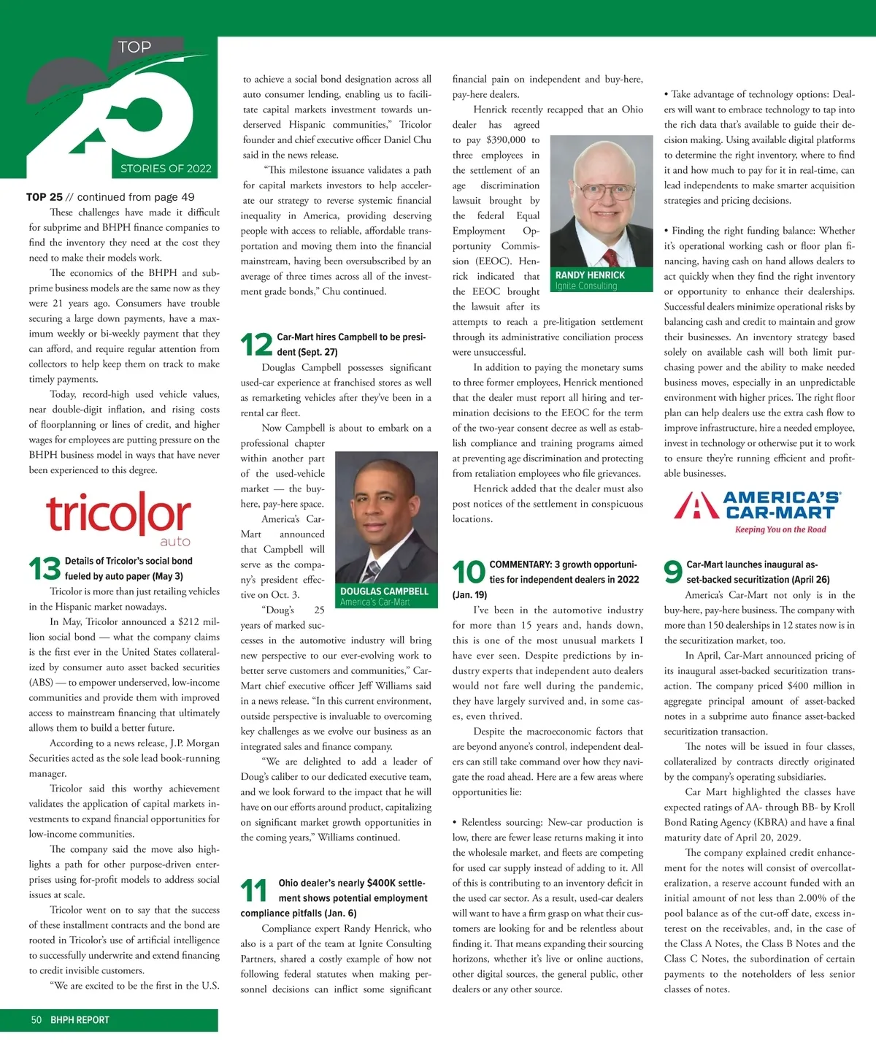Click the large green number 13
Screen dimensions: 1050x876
tap(44, 568)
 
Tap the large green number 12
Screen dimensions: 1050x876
tap(256, 345)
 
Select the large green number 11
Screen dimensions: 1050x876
tap(254, 890)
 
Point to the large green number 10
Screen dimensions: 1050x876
tap(469, 572)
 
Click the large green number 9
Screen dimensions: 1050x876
tap(672, 572)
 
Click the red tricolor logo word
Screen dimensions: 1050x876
tap(118, 514)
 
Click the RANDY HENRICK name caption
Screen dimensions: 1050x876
tap(590, 275)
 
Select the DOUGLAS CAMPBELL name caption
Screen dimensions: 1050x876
tap(384, 591)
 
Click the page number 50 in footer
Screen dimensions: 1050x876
tap(36, 1020)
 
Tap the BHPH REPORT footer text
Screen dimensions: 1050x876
tap(80, 1020)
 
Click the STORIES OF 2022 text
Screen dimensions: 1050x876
tap(166, 169)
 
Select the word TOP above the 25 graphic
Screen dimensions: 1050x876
tap(134, 47)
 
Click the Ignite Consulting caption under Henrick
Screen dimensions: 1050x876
tap(586, 286)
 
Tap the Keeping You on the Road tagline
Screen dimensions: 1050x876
tap(780, 530)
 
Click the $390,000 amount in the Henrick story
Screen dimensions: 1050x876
tap(506, 139)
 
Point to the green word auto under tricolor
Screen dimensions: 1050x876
tap(175, 542)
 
